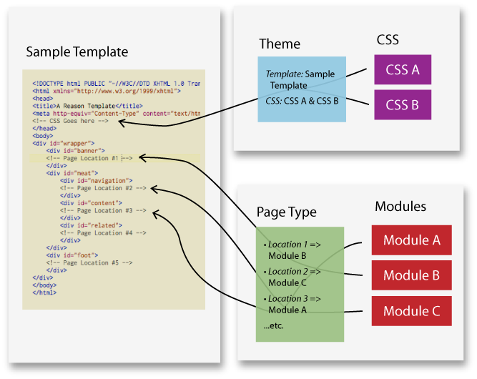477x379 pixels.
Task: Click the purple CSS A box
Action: tap(403, 70)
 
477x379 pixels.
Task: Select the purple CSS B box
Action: tap(403, 104)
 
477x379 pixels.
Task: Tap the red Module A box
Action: tap(411, 240)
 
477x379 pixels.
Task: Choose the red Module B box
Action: tap(411, 275)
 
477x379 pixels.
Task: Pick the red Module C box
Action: tap(411, 310)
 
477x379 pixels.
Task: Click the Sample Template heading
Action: tap(77, 51)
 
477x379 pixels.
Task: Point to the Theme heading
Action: tap(280, 44)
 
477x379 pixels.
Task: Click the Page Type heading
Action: tap(286, 212)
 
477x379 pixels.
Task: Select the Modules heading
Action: tap(400, 207)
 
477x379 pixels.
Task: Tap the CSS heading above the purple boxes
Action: tap(388, 39)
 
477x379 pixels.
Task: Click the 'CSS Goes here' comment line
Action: tap(70, 121)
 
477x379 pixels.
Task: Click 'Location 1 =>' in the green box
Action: tap(292, 245)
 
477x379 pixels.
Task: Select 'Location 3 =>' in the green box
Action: tap(292, 298)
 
